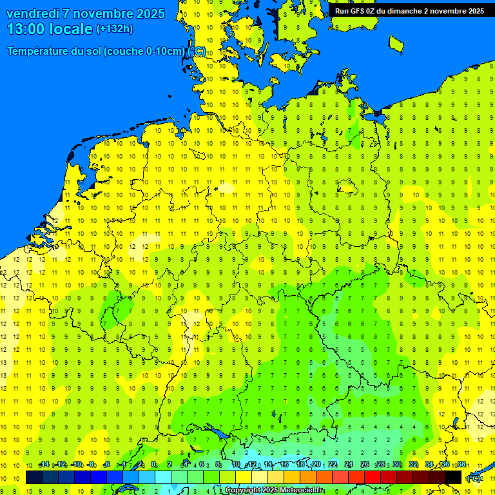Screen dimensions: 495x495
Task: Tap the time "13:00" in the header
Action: (x=28, y=29)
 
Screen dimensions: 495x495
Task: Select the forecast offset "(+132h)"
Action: (x=115, y=29)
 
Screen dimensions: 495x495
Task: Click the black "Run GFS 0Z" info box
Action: (x=409, y=10)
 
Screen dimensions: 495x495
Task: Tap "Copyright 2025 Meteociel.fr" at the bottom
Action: (x=274, y=490)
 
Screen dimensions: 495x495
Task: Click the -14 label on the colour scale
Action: (x=44, y=465)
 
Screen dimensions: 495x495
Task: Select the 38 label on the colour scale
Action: (x=461, y=465)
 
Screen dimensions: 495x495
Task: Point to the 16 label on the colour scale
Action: (x=284, y=465)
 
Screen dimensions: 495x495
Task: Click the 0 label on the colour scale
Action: (x=153, y=465)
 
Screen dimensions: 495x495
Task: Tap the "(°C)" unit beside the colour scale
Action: (x=474, y=478)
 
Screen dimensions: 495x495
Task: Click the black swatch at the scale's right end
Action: (x=453, y=478)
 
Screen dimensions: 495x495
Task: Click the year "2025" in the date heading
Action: (x=149, y=14)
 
